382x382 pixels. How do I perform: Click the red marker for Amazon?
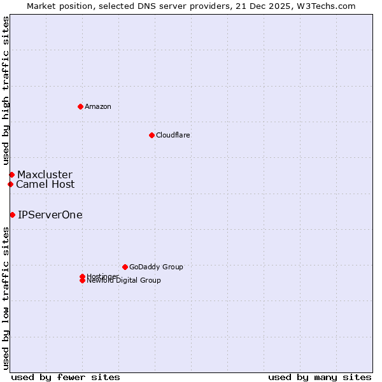80,106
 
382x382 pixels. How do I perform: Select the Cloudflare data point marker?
152,135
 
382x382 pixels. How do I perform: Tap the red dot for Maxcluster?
11,174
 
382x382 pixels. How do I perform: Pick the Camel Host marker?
10,184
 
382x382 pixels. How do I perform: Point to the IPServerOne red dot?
12,215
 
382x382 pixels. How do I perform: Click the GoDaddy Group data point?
125,267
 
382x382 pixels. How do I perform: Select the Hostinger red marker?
82,276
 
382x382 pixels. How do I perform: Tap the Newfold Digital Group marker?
82,281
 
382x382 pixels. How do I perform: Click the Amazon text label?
98,106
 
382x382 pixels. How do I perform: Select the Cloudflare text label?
173,135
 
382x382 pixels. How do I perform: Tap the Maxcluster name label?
45,174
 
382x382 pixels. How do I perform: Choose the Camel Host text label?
45,184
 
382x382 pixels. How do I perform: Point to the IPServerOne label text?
50,215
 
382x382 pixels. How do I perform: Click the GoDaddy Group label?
156,267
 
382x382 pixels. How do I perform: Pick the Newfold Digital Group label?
124,281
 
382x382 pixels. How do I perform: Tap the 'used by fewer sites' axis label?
66,377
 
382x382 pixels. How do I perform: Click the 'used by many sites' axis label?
320,377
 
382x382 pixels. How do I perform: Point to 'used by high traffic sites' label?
6,91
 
